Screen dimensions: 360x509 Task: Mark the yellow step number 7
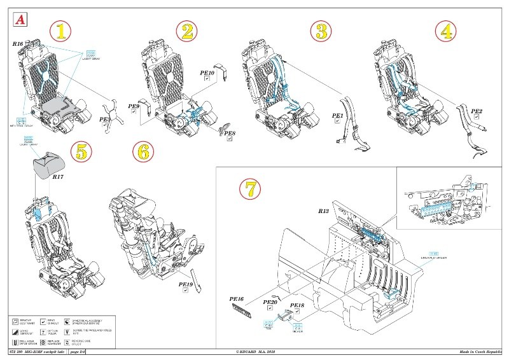coord(250,188)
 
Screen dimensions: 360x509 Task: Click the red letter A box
coord(19,18)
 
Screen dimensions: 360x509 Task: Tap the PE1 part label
coord(338,116)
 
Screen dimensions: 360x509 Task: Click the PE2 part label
coord(476,111)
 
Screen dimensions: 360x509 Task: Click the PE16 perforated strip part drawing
coord(246,311)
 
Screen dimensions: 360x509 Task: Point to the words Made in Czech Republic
coord(481,351)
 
